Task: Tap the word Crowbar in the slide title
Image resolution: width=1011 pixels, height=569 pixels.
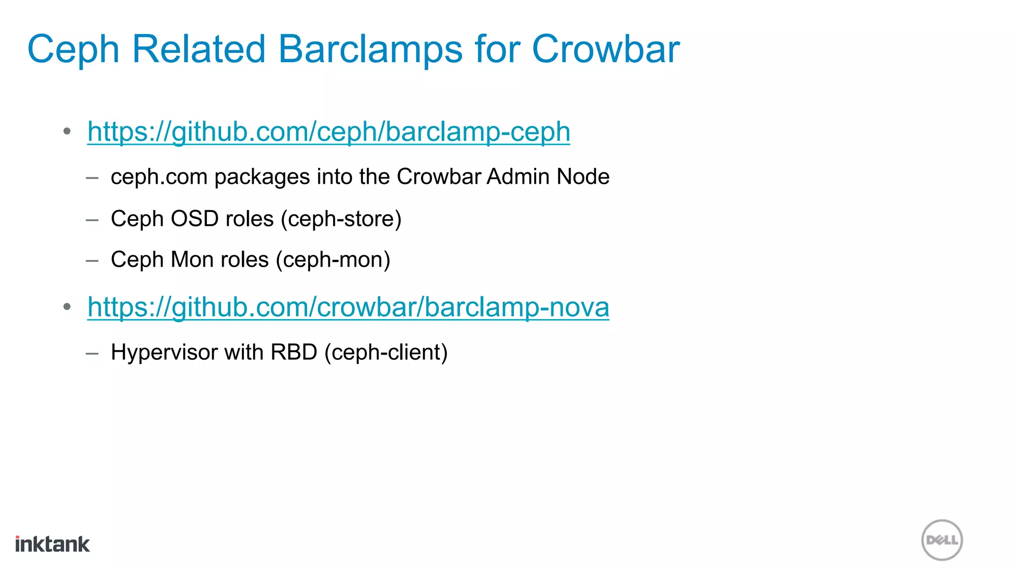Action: point(606,49)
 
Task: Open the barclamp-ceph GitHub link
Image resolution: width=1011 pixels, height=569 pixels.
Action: point(329,132)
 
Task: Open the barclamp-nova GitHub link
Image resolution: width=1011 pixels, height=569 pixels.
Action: point(348,307)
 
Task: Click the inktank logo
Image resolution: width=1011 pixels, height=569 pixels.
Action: point(52,544)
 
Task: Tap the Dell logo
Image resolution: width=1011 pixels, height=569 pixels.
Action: point(942,540)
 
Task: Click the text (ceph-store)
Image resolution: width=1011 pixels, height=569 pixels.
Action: point(341,219)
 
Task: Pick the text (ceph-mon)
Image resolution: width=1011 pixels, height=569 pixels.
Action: point(333,260)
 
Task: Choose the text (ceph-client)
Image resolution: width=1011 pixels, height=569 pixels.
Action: point(386,353)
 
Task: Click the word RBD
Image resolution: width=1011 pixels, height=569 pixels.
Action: point(294,353)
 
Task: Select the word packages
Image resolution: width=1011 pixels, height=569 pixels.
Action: point(262,177)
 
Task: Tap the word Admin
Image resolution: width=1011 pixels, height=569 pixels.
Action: point(518,177)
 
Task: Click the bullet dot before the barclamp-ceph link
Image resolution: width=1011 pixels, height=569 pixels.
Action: point(67,131)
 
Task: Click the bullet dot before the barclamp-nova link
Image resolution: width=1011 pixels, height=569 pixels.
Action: point(67,307)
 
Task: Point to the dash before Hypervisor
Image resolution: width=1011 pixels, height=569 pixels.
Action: point(92,353)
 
